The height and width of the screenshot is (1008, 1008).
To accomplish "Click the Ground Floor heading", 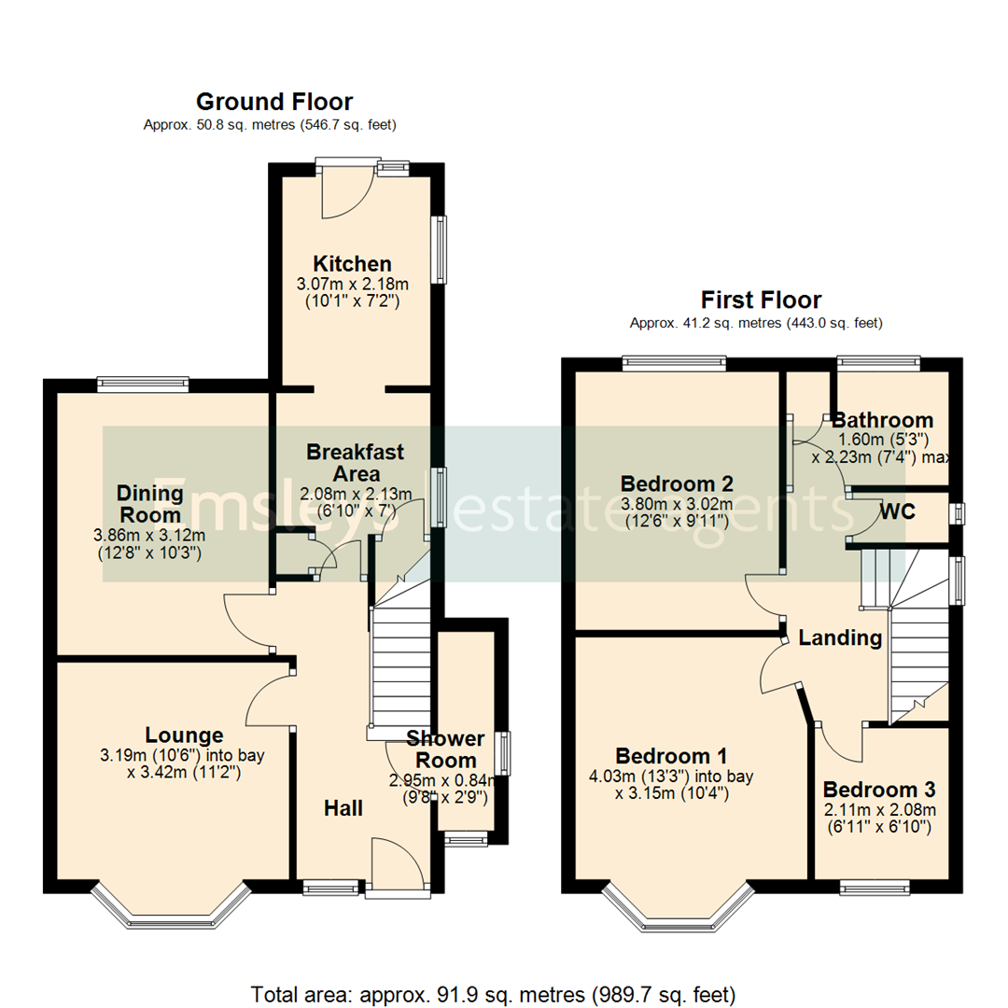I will point(273,102).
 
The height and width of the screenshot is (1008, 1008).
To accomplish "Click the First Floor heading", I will point(761,300).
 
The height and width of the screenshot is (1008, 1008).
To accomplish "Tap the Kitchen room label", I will point(352,263).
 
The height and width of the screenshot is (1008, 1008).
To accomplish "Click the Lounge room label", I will point(184,735).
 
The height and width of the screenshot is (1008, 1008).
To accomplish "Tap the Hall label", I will point(343,808).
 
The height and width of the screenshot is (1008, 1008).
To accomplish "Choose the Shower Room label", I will point(445,749).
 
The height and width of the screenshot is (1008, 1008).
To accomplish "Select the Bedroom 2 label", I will point(677,483).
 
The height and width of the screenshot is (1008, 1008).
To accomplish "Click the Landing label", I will point(840,638).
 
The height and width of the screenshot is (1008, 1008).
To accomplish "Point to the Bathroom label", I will point(882,420).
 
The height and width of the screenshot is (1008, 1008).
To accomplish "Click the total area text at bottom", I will point(494,992).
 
